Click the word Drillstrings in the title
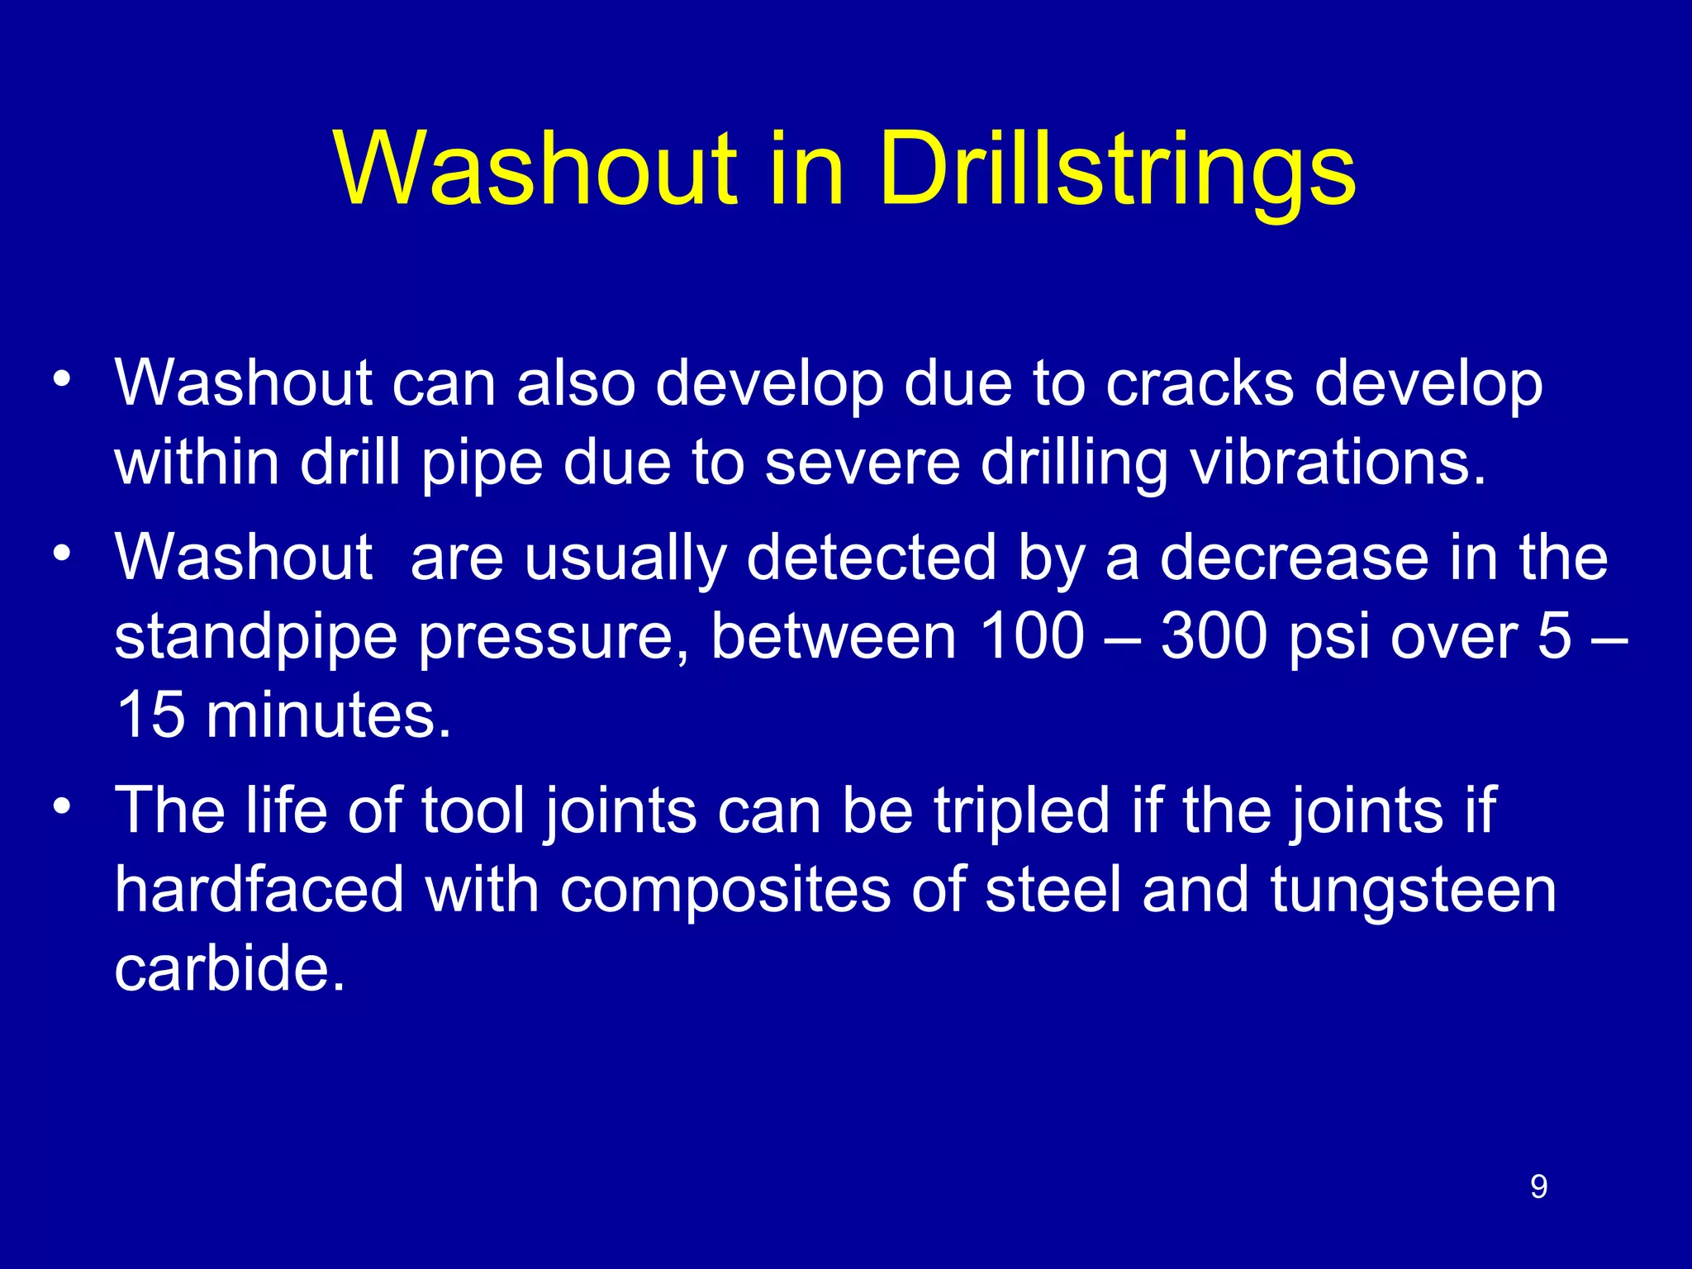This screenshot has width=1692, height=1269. (1117, 169)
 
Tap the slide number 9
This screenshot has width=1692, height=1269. (1538, 1186)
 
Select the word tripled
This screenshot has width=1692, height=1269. (1022, 810)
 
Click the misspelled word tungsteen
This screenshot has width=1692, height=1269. (1414, 891)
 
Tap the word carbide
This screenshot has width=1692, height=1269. (229, 967)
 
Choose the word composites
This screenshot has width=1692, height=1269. (725, 891)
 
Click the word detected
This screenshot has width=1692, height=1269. (872, 558)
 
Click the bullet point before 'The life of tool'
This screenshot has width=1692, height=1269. (62, 805)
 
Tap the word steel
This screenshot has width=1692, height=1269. (1053, 890)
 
